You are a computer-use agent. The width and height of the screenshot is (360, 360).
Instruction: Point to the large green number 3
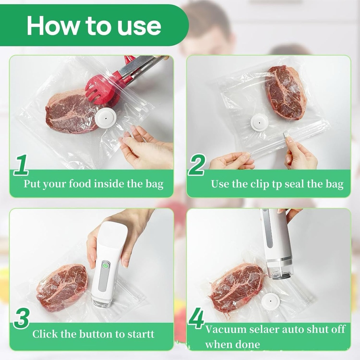pyautogui.click(x=21, y=319)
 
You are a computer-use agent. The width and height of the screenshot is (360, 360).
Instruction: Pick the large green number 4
pyautogui.click(x=197, y=319)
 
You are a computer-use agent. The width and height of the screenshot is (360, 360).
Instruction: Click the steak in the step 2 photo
pyautogui.click(x=285, y=92)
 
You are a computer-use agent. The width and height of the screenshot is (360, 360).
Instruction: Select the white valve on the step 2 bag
pyautogui.click(x=259, y=122)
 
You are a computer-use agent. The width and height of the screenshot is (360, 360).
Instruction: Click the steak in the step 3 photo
pyautogui.click(x=62, y=287)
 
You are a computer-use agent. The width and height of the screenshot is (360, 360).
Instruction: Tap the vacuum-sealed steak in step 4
pyautogui.click(x=236, y=287)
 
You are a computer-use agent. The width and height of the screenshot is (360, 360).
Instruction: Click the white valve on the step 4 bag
pyautogui.click(x=271, y=301)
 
